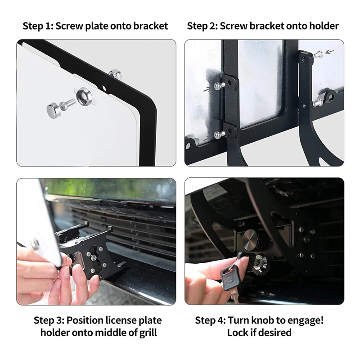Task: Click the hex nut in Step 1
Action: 115,74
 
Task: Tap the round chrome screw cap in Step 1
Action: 54,110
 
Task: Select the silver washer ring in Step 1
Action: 84,96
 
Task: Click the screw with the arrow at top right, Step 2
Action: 319,54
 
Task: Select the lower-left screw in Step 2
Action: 218,135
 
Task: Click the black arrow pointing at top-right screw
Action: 329,52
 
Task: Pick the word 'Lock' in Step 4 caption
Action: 237,333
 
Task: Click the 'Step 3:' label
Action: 49,320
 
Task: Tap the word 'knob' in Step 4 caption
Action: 261,320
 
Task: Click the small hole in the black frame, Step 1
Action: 104,88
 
